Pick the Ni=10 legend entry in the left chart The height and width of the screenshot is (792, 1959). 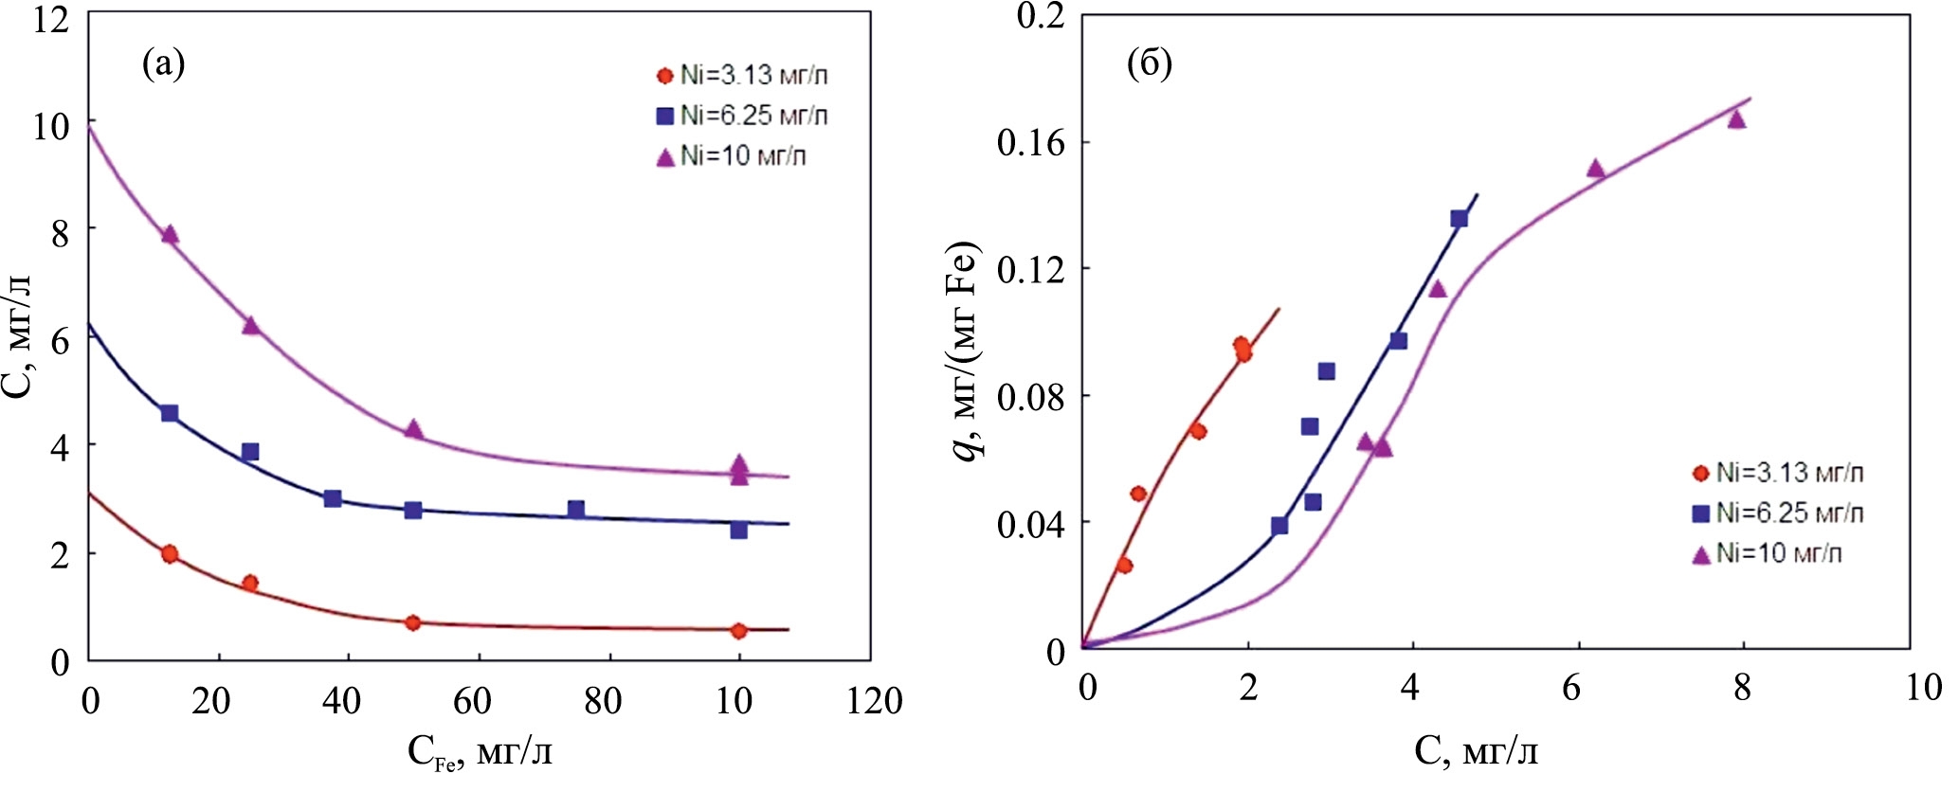click(x=732, y=155)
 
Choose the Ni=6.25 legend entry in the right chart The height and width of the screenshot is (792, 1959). click(x=1778, y=513)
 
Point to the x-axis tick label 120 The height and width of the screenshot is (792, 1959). click(x=874, y=701)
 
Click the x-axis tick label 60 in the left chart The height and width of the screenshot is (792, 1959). click(x=471, y=701)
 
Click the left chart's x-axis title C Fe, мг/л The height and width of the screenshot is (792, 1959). click(x=480, y=752)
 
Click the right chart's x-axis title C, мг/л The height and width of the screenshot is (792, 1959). click(x=1476, y=751)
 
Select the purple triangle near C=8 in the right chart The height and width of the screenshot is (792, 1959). click(x=1736, y=118)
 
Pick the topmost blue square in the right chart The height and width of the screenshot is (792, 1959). click(x=1459, y=219)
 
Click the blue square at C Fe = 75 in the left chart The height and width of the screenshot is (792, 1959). click(x=576, y=510)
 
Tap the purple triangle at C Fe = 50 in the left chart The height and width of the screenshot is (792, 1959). click(x=413, y=428)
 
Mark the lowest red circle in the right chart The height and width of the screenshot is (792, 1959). click(x=1124, y=566)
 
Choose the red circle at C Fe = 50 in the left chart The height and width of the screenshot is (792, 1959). click(x=412, y=622)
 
